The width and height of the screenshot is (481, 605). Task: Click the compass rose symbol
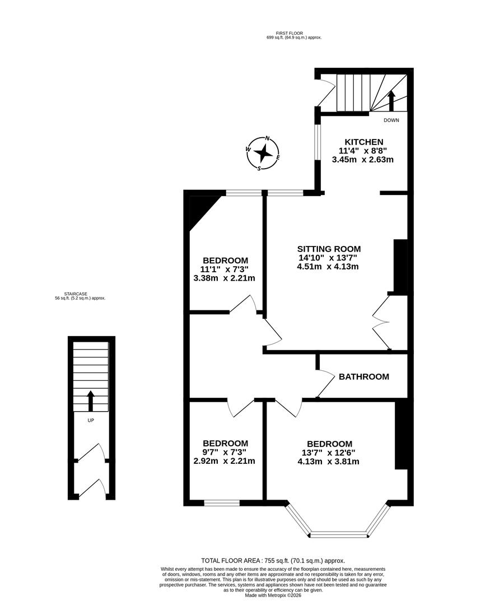264,152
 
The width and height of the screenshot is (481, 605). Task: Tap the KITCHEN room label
364,142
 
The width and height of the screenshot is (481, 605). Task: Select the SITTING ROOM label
329,249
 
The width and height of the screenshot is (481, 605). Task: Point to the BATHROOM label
364,376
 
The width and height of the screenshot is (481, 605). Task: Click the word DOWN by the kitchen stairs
391,120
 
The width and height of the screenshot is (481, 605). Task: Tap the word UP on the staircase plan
90,420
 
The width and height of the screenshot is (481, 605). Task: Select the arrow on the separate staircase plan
91,401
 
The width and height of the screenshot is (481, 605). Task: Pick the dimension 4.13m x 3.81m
329,462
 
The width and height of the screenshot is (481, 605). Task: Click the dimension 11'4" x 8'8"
364,151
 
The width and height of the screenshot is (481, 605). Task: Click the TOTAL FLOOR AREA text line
273,560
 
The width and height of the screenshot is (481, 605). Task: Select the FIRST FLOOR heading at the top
294,33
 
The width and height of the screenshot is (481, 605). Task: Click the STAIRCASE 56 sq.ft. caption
76,296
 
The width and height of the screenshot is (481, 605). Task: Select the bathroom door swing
325,384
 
